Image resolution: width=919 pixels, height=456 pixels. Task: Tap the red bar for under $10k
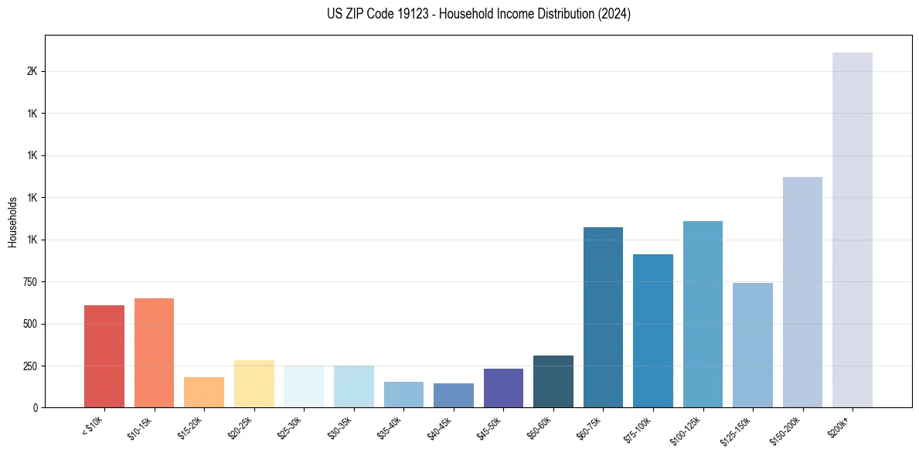tap(104, 356)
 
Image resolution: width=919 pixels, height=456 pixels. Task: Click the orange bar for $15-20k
tap(204, 392)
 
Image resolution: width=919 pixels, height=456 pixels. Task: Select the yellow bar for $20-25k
tap(254, 383)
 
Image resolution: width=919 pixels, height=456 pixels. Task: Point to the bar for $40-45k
tap(454, 395)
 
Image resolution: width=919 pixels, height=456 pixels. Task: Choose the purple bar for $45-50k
tap(503, 388)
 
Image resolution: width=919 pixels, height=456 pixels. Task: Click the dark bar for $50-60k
tap(553, 381)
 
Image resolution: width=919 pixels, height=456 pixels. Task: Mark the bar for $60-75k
tap(603, 317)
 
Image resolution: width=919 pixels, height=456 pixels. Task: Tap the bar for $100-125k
tap(703, 314)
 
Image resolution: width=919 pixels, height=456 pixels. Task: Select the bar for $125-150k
tap(753, 345)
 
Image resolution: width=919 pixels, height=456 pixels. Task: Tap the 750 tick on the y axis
tap(30, 282)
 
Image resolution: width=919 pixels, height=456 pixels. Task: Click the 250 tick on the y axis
tap(30, 366)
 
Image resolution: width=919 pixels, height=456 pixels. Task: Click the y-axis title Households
tap(12, 223)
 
